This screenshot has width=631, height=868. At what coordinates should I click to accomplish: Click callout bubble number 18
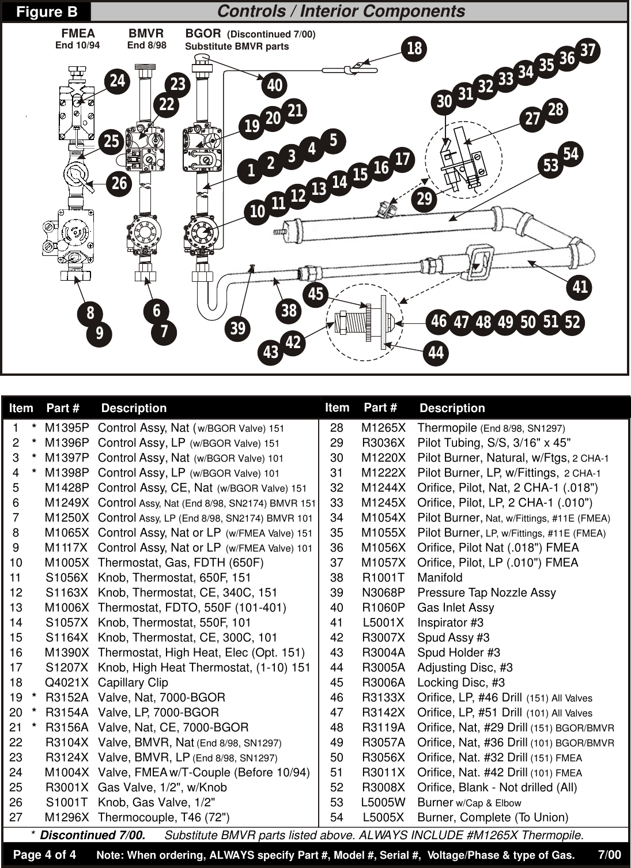pyautogui.click(x=414, y=48)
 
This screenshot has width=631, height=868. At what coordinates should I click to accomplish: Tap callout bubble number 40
pyautogui.click(x=275, y=85)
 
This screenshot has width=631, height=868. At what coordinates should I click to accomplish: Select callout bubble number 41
pyautogui.click(x=580, y=286)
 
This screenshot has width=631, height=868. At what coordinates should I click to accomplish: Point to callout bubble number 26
pyautogui.click(x=119, y=183)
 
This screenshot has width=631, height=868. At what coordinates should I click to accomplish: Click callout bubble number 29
pyautogui.click(x=424, y=199)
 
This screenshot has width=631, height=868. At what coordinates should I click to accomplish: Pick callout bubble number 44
pyautogui.click(x=436, y=352)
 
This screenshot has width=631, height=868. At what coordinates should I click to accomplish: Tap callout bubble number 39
pyautogui.click(x=237, y=329)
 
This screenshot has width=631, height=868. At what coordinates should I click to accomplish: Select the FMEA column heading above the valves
pyautogui.click(x=78, y=33)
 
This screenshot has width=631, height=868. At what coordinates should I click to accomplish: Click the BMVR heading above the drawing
pyautogui.click(x=146, y=33)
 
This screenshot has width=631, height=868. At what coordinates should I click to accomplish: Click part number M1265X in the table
pyautogui.click(x=383, y=428)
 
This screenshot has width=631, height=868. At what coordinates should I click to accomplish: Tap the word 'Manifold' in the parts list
pyautogui.click(x=440, y=578)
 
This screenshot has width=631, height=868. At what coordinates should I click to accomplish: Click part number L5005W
pyautogui.click(x=383, y=802)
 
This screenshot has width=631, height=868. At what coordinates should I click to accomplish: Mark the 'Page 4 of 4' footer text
pyautogui.click(x=44, y=854)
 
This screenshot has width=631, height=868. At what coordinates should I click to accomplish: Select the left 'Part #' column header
pyautogui.click(x=63, y=408)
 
